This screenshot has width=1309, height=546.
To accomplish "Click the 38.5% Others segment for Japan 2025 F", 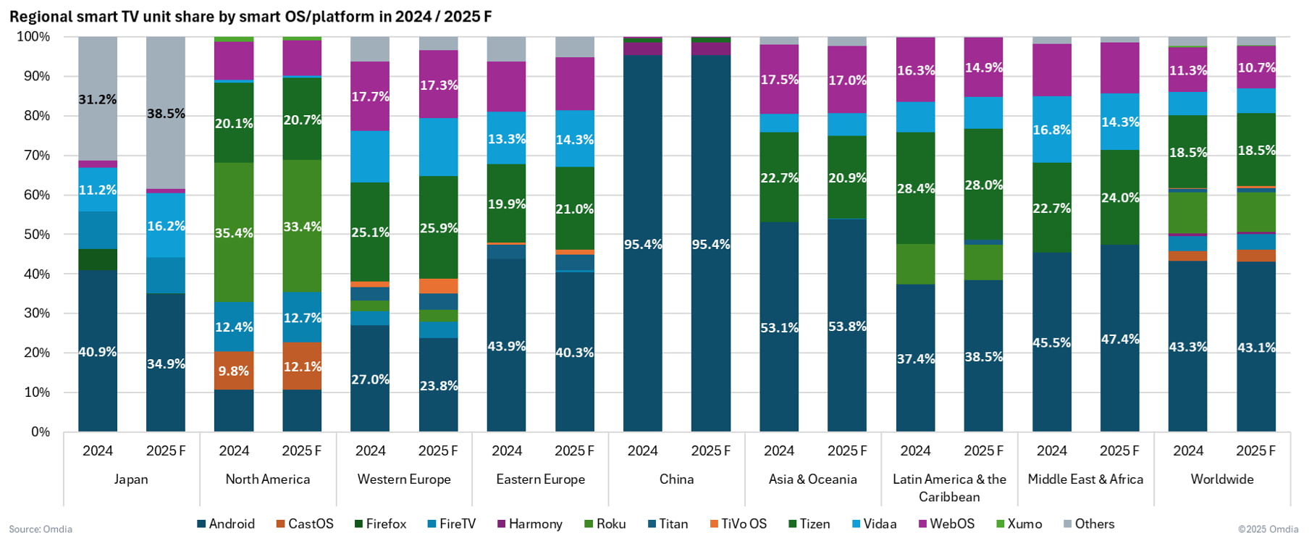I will click(166, 113).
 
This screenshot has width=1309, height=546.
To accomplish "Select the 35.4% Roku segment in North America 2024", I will click(234, 232).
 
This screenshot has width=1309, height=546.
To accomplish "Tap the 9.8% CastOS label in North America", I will click(234, 371).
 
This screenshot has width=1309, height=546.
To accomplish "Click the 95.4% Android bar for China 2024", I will click(643, 244).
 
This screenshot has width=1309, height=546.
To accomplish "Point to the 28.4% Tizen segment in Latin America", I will click(915, 188).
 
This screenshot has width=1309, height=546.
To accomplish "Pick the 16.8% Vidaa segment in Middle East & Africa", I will click(1051, 130).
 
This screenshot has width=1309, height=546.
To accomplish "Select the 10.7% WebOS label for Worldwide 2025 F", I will click(1256, 67).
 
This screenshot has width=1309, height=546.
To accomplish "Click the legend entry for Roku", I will click(605, 524).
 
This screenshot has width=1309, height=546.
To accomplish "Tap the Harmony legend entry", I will click(529, 524).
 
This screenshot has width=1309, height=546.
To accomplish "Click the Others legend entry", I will click(1089, 524).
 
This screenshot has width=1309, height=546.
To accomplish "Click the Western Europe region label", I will click(404, 479).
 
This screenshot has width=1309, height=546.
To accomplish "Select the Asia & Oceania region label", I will click(812, 479).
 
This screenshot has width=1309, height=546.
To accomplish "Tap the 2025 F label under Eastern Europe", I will click(574, 450).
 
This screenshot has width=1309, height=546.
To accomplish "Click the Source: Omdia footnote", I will click(41, 529).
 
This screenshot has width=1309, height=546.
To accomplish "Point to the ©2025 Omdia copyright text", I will click(1268, 529).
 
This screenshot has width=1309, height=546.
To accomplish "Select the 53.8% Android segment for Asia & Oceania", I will click(847, 326).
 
